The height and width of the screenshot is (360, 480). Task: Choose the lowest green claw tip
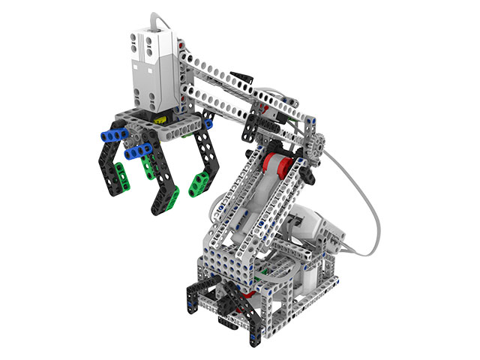[x=172, y=199]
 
